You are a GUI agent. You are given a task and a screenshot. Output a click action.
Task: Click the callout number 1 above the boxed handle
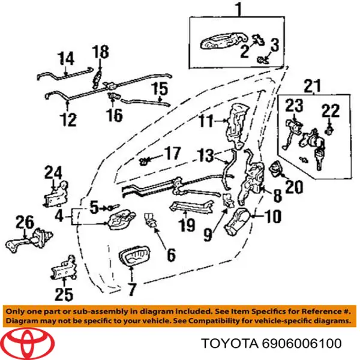click(x=238, y=10)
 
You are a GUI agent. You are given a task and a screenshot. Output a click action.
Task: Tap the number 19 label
click(x=187, y=226)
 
